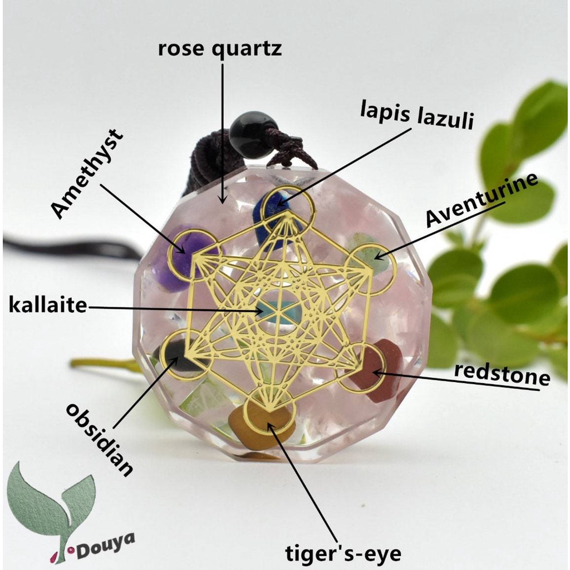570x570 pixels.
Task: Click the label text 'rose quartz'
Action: coord(220,49)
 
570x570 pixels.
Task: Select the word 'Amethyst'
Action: coord(87,173)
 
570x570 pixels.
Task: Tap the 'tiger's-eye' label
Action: coord(343,553)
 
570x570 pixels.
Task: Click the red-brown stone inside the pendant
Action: coord(379,370)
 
